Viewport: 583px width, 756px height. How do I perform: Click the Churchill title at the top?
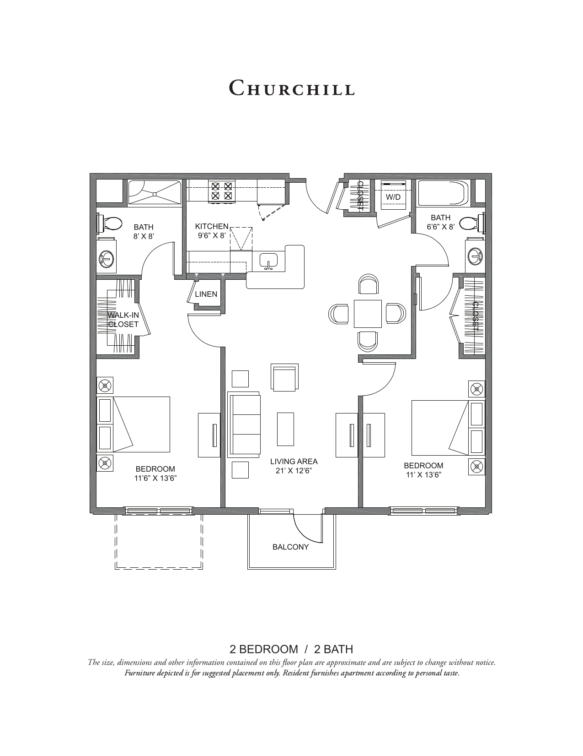292,87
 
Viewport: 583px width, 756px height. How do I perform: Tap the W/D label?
393,197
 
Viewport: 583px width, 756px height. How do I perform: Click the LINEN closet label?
206,294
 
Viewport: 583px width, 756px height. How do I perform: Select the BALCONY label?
290,547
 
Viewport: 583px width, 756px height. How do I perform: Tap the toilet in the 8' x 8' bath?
111,223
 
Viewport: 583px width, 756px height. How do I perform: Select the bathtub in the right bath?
443,193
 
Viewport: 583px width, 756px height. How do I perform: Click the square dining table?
368,314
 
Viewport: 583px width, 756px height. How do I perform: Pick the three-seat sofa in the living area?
244,424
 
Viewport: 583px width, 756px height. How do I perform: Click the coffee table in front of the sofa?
285,429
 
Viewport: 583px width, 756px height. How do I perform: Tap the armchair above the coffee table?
284,378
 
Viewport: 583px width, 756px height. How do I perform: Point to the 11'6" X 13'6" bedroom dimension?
155,478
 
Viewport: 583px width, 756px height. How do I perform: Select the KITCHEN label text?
211,226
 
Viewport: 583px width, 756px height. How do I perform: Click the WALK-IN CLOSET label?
123,320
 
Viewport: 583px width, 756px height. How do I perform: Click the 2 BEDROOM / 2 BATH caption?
291,649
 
